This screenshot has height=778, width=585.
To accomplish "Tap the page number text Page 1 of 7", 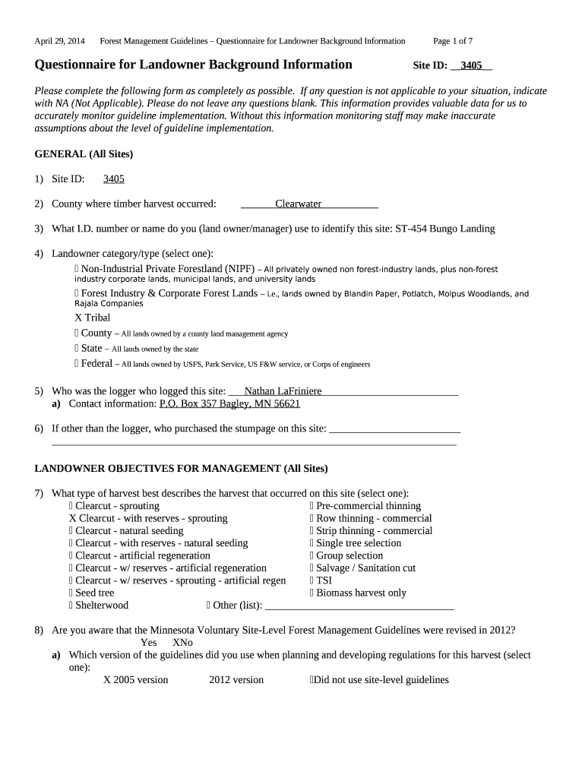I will click(x=453, y=40).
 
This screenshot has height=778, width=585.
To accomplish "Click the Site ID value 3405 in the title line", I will click(x=471, y=65).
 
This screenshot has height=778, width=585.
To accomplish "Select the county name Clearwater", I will click(x=298, y=204).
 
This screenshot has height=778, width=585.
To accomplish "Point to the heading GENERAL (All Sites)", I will click(x=84, y=154).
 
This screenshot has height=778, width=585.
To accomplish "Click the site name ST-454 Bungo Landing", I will click(x=444, y=229).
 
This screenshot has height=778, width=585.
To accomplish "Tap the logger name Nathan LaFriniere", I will click(x=283, y=391).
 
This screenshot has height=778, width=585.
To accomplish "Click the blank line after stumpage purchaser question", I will click(x=394, y=429).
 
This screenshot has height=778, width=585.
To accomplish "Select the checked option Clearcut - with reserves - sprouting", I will click(x=148, y=518).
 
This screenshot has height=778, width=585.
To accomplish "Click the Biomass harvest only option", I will click(x=358, y=593).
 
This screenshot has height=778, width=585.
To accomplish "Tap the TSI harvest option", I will click(x=321, y=580).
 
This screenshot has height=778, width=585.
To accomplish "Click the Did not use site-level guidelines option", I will click(x=380, y=680).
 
